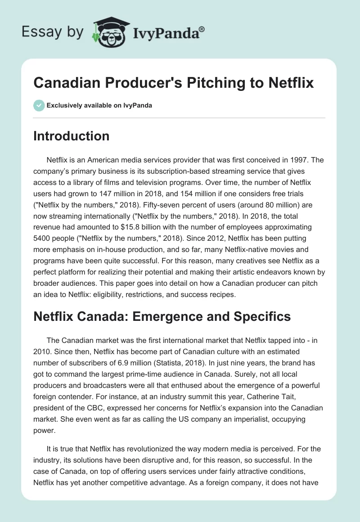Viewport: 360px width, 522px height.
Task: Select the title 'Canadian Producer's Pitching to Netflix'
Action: (x=174, y=83)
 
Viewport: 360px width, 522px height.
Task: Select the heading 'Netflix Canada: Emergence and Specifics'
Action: (x=162, y=316)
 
